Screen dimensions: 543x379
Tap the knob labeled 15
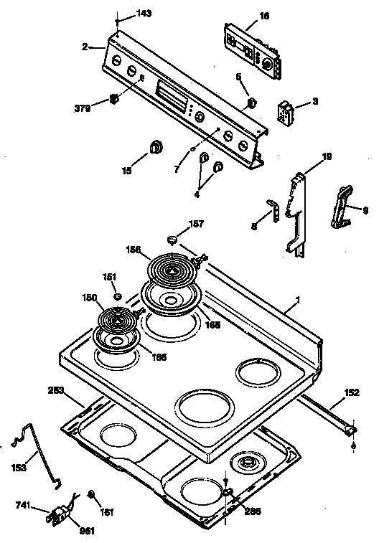[x=156, y=148]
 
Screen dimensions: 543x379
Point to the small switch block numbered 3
[x=287, y=113]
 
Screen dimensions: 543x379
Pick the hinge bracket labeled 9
[x=341, y=207]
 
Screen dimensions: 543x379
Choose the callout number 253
[x=55, y=391]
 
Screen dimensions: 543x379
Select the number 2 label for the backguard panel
[x=85, y=47]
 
